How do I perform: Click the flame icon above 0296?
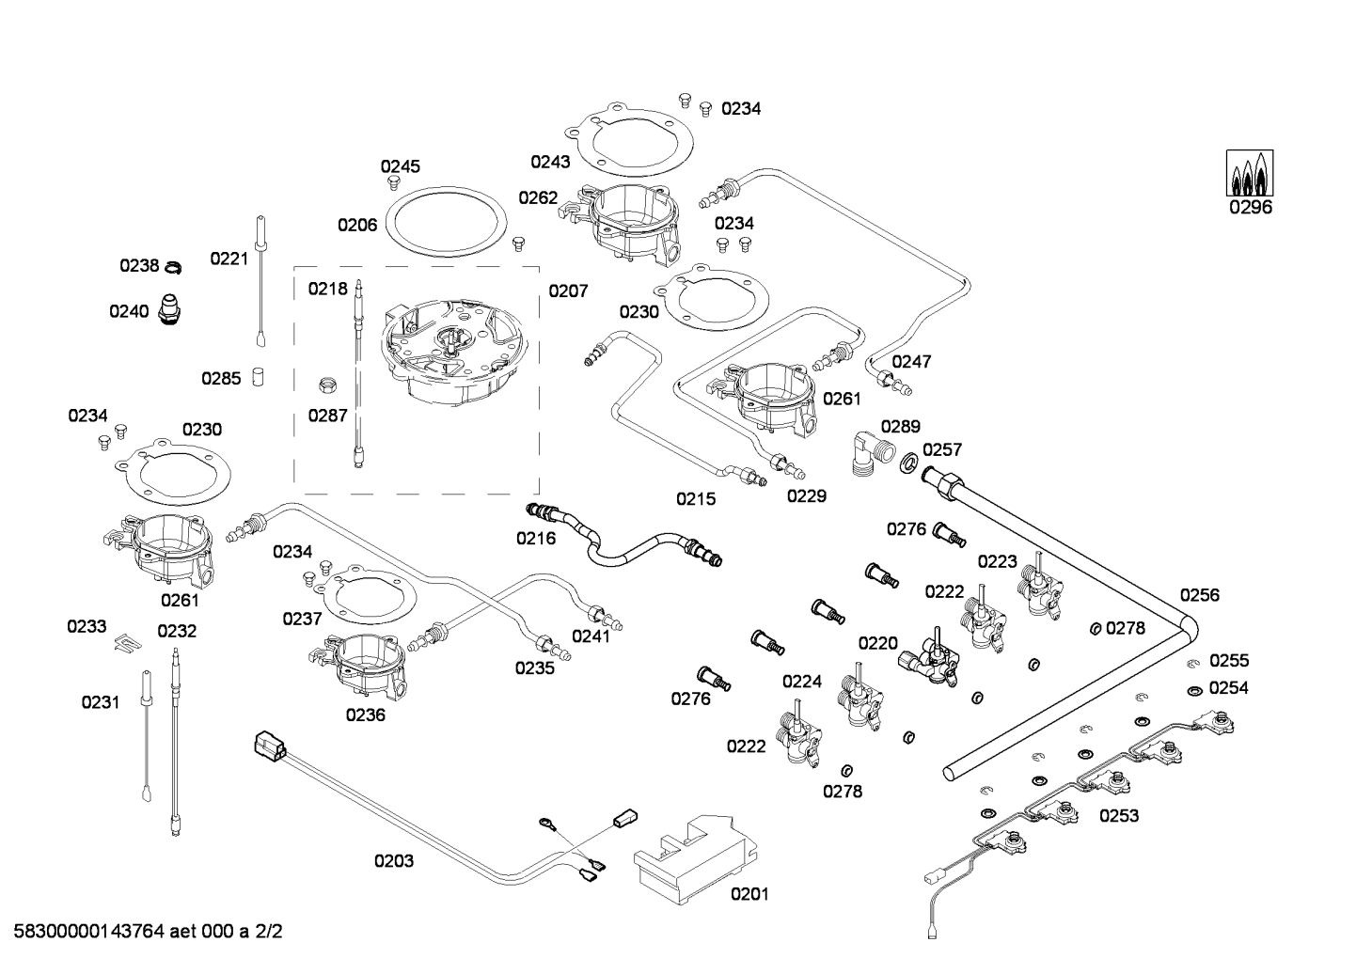pos(1250,174)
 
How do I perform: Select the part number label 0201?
pos(749,894)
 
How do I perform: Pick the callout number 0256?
pos(1199,595)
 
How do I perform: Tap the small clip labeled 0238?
pos(172,268)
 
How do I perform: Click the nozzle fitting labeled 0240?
pos(169,309)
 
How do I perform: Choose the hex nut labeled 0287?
pos(328,384)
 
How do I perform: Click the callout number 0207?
pos(568,291)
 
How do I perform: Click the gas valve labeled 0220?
pos(930,658)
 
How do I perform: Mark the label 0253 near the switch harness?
pos(1119,816)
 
